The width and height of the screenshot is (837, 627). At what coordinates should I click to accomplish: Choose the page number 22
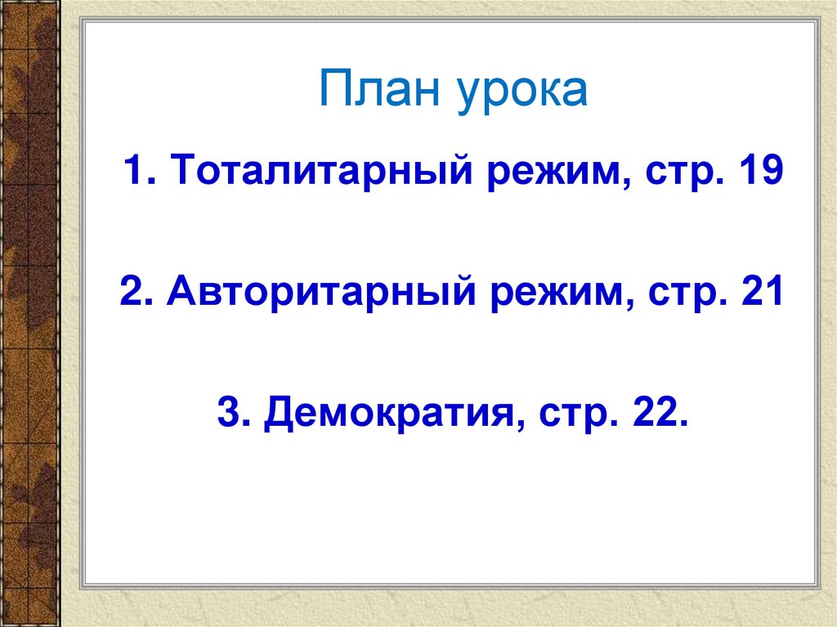(655, 414)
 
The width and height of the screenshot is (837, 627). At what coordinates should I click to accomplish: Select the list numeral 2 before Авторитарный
(132, 292)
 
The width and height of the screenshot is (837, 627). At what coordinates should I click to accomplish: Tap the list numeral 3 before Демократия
(228, 414)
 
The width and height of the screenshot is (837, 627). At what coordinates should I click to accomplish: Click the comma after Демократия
(522, 427)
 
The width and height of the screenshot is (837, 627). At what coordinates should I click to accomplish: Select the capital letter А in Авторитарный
(181, 292)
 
